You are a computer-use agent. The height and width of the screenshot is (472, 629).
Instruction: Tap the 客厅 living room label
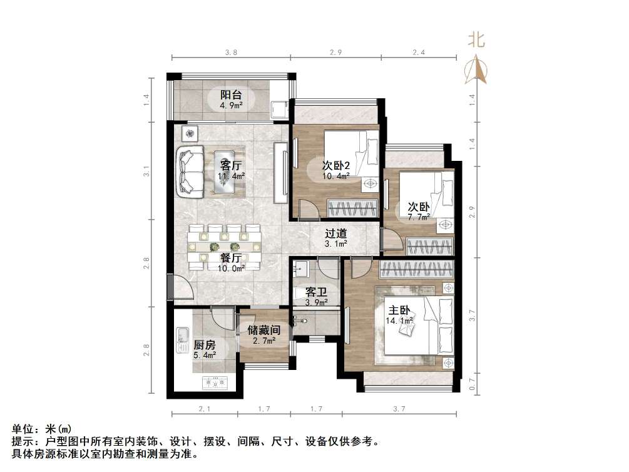(x=231, y=166)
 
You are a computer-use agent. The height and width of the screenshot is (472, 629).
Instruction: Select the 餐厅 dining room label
(x=231, y=258)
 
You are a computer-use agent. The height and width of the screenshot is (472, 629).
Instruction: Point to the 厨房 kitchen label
(x=205, y=345)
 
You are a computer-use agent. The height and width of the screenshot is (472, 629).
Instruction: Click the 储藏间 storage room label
(x=263, y=330)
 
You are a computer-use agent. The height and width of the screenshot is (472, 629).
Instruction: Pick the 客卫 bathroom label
(x=316, y=292)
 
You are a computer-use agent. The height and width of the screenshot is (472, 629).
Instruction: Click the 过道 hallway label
(x=336, y=233)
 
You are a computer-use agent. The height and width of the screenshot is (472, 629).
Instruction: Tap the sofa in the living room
(x=190, y=170)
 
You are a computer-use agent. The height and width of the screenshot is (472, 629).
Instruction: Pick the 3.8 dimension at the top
(x=231, y=54)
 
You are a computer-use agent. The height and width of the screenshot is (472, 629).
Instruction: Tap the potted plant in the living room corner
(x=189, y=133)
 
